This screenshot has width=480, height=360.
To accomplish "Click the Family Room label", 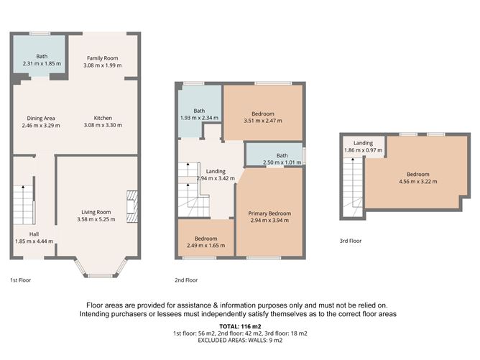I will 103,58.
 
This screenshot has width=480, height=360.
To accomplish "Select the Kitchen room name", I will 103,119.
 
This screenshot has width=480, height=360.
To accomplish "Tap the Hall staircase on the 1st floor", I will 23,205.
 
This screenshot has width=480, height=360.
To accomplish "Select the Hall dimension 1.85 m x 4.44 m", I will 34,241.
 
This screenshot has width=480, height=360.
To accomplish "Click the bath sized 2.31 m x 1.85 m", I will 41,60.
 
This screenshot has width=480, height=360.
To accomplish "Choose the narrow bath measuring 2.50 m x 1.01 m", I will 273,159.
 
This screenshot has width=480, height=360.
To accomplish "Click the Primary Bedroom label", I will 269,214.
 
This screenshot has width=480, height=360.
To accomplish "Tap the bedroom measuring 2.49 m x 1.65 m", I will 206,241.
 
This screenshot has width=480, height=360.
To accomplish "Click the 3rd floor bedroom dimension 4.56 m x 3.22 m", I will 418,181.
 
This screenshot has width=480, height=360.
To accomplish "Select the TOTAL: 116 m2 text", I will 240,327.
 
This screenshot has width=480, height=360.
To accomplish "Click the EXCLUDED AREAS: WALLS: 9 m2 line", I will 240,340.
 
